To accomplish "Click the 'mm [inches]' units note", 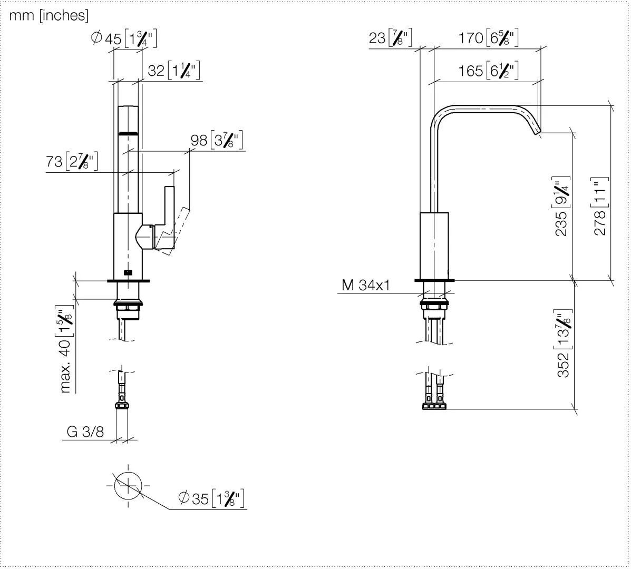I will point(48,16).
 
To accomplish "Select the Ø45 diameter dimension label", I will point(124,39).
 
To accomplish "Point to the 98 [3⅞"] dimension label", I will point(217,140).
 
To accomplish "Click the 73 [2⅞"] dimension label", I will point(72,162).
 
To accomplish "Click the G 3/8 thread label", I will point(85,432).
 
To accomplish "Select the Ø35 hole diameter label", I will point(212,498).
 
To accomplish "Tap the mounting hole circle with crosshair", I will point(128,486).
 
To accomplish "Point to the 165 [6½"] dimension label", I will point(488,71).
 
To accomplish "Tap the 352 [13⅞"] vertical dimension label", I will point(564,344).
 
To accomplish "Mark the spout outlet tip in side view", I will point(537,132).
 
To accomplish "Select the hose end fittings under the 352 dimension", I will point(434,406).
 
